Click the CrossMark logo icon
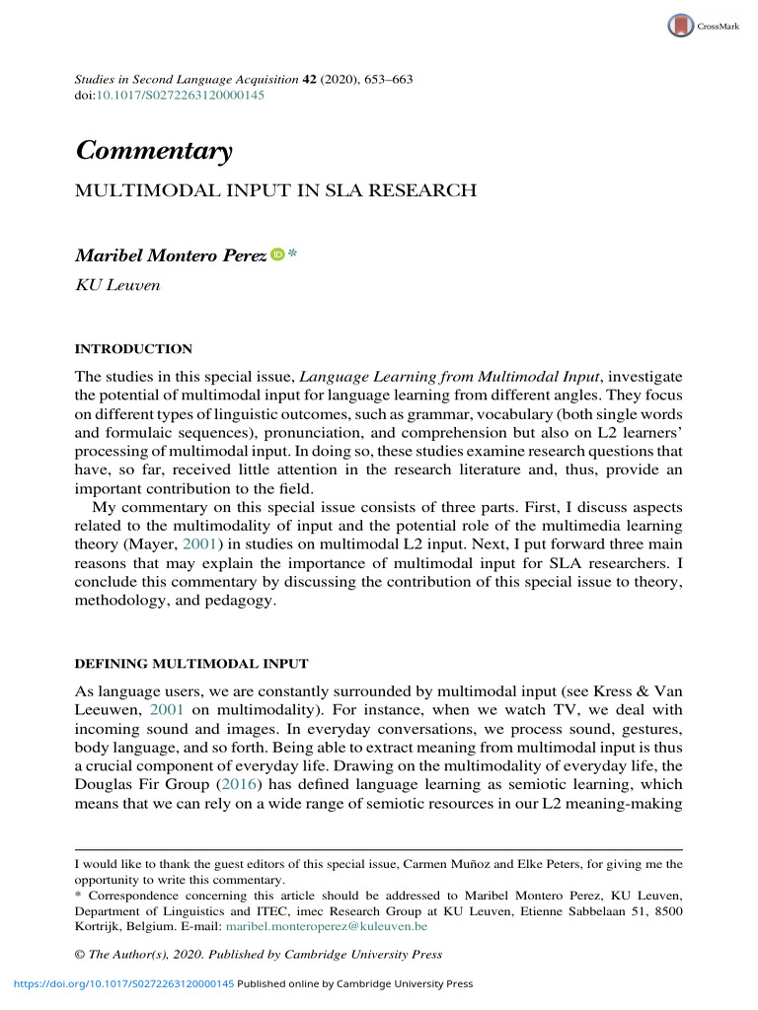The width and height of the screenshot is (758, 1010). pyautogui.click(x=680, y=26)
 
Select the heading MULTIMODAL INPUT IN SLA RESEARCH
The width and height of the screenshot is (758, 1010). pyautogui.click(x=276, y=190)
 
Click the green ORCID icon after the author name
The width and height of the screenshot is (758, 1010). pyautogui.click(x=277, y=255)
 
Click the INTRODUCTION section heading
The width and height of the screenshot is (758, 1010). pyautogui.click(x=134, y=349)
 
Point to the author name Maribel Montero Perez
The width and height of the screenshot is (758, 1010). pyautogui.click(x=170, y=255)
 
